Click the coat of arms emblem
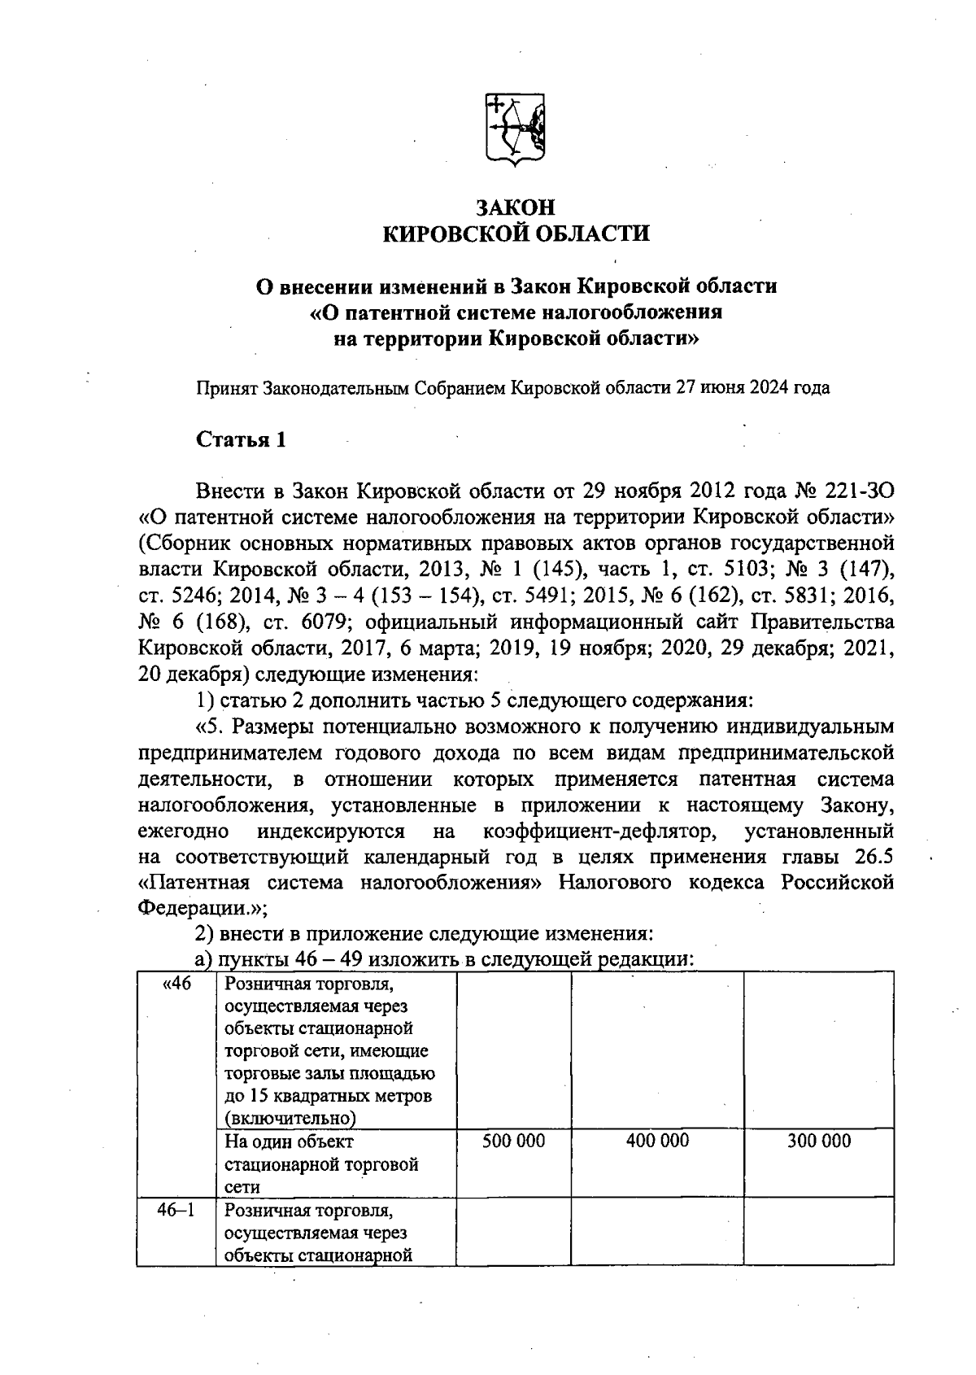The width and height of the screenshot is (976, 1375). coord(516,130)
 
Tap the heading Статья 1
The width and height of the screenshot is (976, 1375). coord(241,439)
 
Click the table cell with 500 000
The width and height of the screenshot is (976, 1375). coord(513,1141)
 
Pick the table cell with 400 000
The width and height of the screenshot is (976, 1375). coord(657,1141)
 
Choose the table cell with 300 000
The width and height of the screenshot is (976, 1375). coord(818,1141)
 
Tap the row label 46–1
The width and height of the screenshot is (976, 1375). coord(176,1210)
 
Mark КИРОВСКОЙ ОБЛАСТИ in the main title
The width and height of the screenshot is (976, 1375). coord(516,234)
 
